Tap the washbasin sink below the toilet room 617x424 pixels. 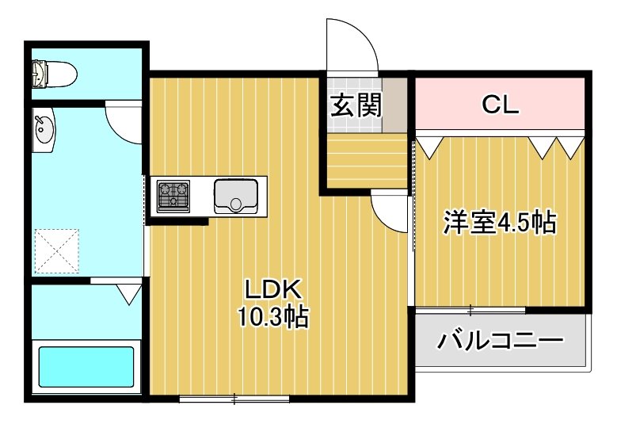point(44,129)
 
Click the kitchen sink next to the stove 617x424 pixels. point(235,195)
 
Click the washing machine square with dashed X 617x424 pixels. point(56,251)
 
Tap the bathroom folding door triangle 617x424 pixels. point(128,295)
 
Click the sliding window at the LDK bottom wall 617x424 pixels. point(234,398)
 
